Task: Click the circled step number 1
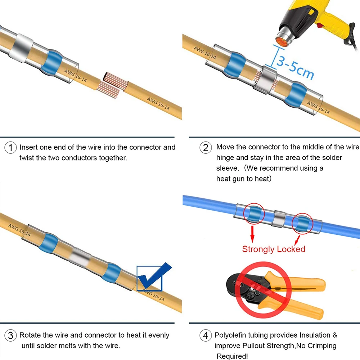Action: click(11, 148)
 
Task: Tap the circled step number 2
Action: click(206, 148)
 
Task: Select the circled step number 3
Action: click(11, 336)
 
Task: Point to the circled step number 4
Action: click(206, 336)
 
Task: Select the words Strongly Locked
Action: click(274, 249)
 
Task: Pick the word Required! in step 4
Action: click(232, 356)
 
